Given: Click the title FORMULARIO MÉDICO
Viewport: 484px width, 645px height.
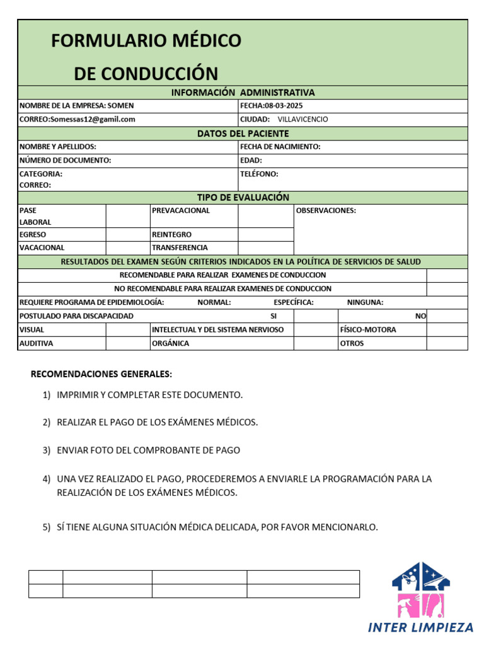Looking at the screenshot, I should tap(146, 41).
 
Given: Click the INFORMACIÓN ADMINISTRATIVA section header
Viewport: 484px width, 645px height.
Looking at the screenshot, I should tap(243, 93).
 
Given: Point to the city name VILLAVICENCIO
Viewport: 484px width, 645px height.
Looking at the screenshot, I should tap(302, 119).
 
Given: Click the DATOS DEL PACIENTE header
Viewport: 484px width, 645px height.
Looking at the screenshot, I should tap(243, 134).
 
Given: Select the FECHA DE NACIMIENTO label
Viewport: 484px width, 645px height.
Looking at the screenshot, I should tap(280, 147).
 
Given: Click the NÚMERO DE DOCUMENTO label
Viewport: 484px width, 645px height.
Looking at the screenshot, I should tap(65, 161).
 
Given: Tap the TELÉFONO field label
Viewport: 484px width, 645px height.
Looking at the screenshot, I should tap(259, 174).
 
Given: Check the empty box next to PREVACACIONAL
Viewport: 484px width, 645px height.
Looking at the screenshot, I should tap(265, 215).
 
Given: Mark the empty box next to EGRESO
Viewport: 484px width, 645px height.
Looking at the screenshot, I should tap(127, 234).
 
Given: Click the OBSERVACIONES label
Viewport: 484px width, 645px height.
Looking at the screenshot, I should tap(326, 210).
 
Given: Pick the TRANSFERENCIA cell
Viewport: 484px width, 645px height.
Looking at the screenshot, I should tap(180, 248).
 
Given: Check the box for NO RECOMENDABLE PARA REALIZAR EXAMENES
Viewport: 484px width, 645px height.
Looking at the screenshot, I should tap(447, 289).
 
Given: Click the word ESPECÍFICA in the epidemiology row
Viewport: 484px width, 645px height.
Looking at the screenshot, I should tap(294, 302).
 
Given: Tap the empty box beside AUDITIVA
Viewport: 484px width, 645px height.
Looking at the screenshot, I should tap(127, 343).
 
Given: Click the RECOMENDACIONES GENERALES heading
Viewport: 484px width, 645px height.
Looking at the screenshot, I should tap(101, 374).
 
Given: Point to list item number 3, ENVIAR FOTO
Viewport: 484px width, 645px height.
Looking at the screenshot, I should tap(148, 450).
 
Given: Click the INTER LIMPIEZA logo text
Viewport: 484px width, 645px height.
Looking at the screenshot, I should tap(420, 627).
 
